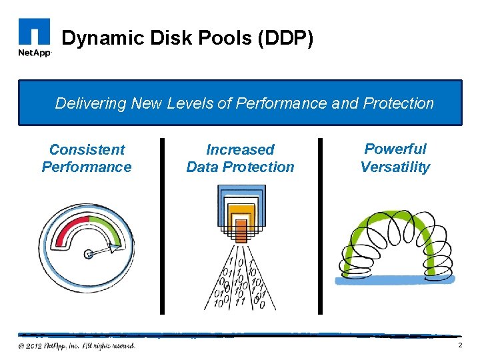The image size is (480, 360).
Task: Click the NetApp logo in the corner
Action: (33, 39)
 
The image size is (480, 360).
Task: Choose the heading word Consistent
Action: (87, 149)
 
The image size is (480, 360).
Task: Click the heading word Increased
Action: (240, 149)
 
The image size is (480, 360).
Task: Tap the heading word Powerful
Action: (395, 149)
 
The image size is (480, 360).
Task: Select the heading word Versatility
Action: (395, 167)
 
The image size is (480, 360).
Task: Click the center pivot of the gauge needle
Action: (89, 253)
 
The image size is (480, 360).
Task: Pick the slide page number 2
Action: (459, 345)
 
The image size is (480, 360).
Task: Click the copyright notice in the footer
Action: (77, 345)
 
